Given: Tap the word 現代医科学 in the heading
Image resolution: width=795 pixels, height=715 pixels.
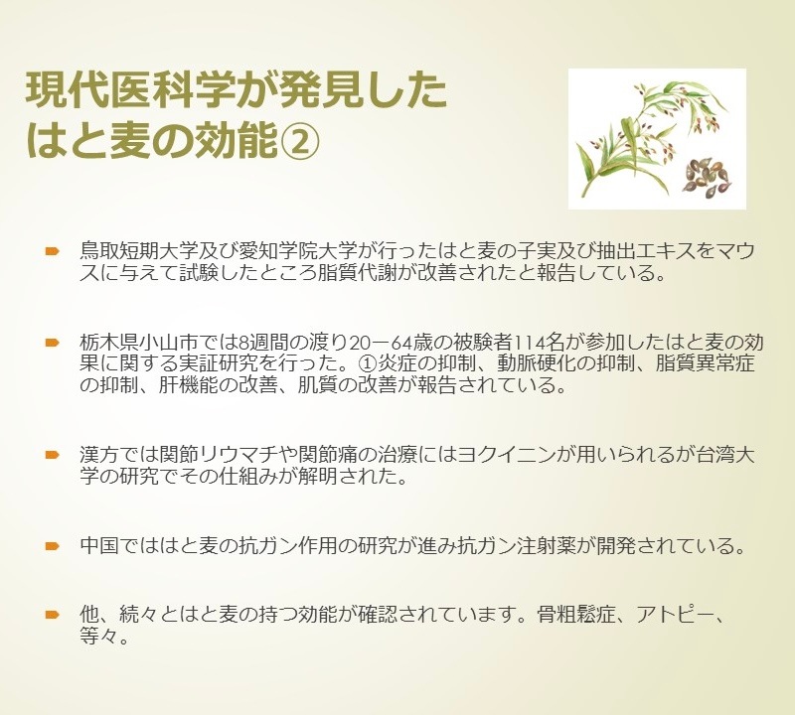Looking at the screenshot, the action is pos(130,90).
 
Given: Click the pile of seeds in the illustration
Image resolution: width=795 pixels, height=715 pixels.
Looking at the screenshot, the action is pos(707,176).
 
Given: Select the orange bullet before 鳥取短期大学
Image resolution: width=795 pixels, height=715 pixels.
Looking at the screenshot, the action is pos(53,251).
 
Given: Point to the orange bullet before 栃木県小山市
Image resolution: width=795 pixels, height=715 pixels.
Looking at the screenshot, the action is pos(53,343).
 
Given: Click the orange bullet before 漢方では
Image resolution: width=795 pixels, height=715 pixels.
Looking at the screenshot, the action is pos(53,455).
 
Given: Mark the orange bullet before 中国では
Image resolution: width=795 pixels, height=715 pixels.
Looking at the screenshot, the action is pos(53,546).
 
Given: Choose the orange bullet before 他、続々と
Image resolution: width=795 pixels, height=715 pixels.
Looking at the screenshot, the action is pos(53,615).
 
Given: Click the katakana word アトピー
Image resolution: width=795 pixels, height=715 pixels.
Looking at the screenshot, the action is pos(675,615).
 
